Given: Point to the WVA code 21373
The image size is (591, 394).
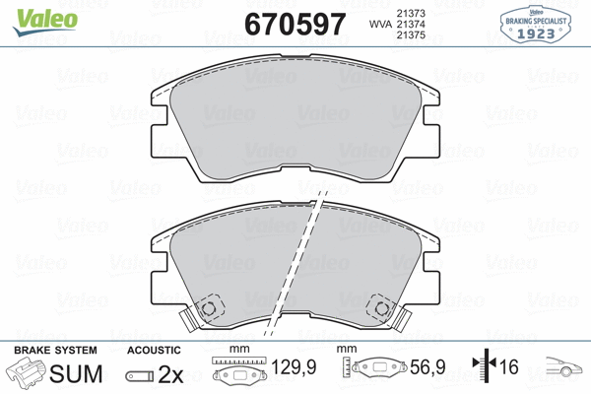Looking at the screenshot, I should pos(411,11).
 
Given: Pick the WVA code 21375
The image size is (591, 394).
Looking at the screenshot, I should pos(411,35).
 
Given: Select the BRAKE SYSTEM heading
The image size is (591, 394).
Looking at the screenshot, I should pos(55,351).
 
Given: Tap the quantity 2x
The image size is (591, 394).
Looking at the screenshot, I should pos(171,375).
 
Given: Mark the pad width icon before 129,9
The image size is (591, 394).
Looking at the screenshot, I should pos(237,375).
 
